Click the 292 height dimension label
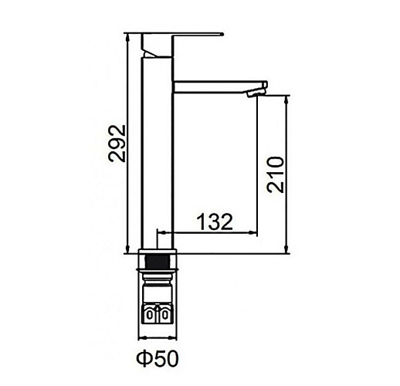[117, 144]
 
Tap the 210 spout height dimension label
[276, 174]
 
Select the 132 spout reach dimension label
[215, 222]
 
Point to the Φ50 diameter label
[158, 358]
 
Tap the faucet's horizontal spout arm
[220, 86]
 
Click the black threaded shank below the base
[158, 261]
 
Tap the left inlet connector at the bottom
[150, 314]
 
